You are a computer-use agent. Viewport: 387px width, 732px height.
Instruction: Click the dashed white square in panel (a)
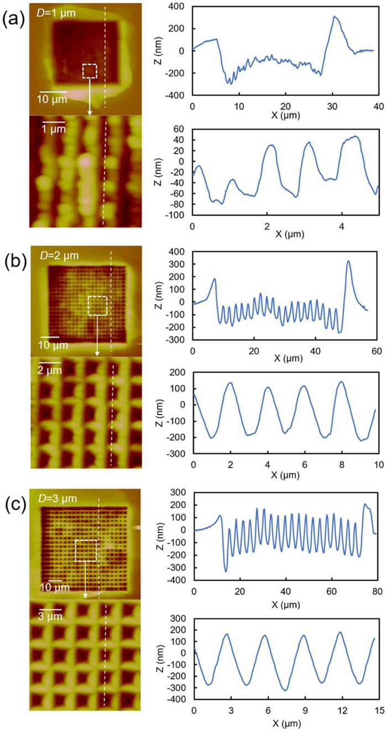(x=90, y=71)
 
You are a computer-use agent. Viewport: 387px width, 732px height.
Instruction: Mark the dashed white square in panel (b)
(x=97, y=306)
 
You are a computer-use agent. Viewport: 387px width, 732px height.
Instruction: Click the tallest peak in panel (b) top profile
(x=349, y=261)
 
